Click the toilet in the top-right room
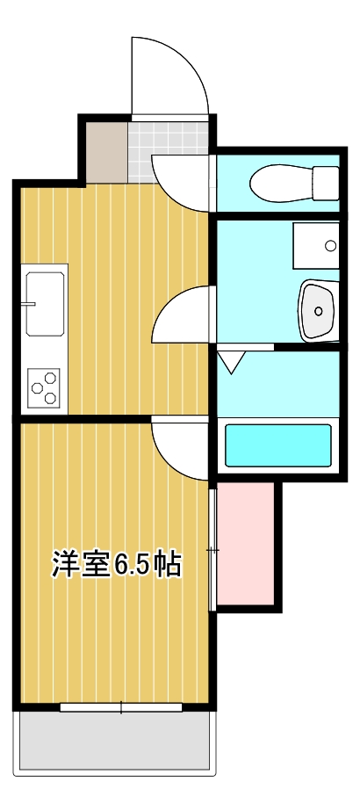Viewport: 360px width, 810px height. pyautogui.click(x=283, y=184)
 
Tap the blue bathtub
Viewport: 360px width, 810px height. pyautogui.click(x=278, y=445)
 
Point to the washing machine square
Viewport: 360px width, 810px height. pyautogui.click(x=315, y=247)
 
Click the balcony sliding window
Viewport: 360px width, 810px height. pyautogui.click(x=121, y=707)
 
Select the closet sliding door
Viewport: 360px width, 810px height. pyautogui.click(x=212, y=550)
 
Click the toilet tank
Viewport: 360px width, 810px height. pyautogui.click(x=327, y=183)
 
